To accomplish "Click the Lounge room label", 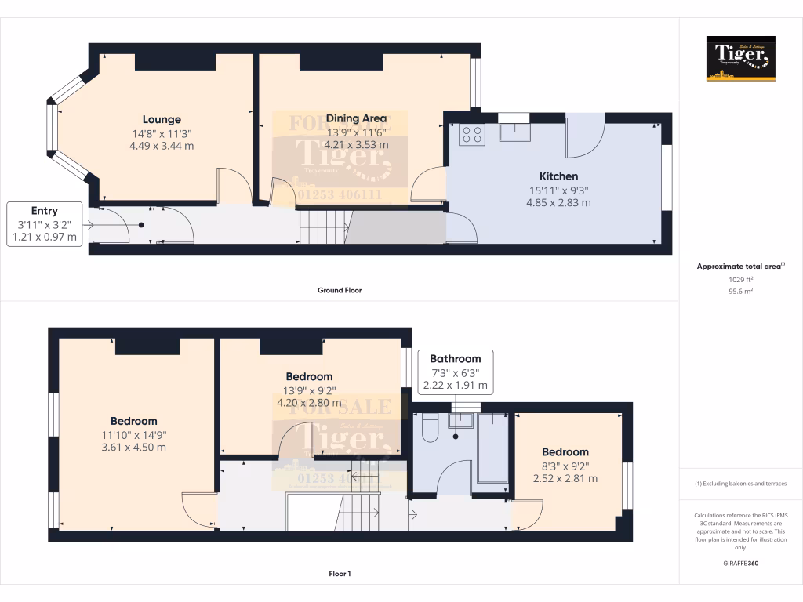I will [162, 120].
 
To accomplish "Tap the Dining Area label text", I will [356, 118].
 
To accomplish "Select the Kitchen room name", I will [558, 176].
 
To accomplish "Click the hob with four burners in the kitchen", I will [472, 134].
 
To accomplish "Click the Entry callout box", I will [45, 223].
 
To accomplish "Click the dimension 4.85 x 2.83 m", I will [558, 202].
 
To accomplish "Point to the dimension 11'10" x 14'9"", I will [133, 435].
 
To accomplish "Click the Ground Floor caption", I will [339, 290].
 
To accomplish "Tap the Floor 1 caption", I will [339, 574].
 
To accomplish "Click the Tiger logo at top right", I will [740, 58].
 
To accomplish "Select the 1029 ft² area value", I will [740, 279].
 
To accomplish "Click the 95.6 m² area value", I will [740, 291].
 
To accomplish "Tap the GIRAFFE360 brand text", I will [740, 563].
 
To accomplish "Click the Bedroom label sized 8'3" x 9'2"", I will [565, 452].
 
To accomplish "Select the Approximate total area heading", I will [740, 267].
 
